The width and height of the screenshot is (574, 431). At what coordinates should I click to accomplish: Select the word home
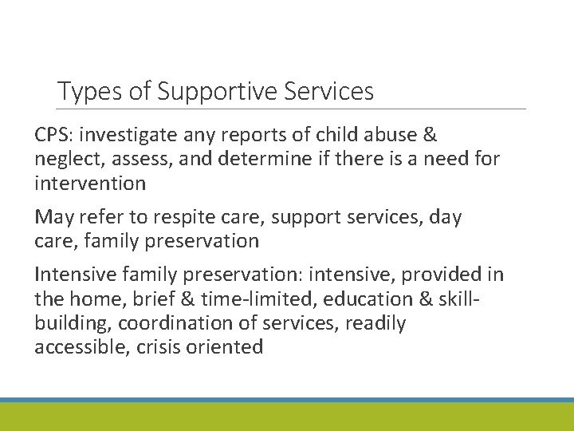[90, 298]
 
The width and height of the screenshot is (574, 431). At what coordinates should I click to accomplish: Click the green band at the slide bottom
[287, 417]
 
